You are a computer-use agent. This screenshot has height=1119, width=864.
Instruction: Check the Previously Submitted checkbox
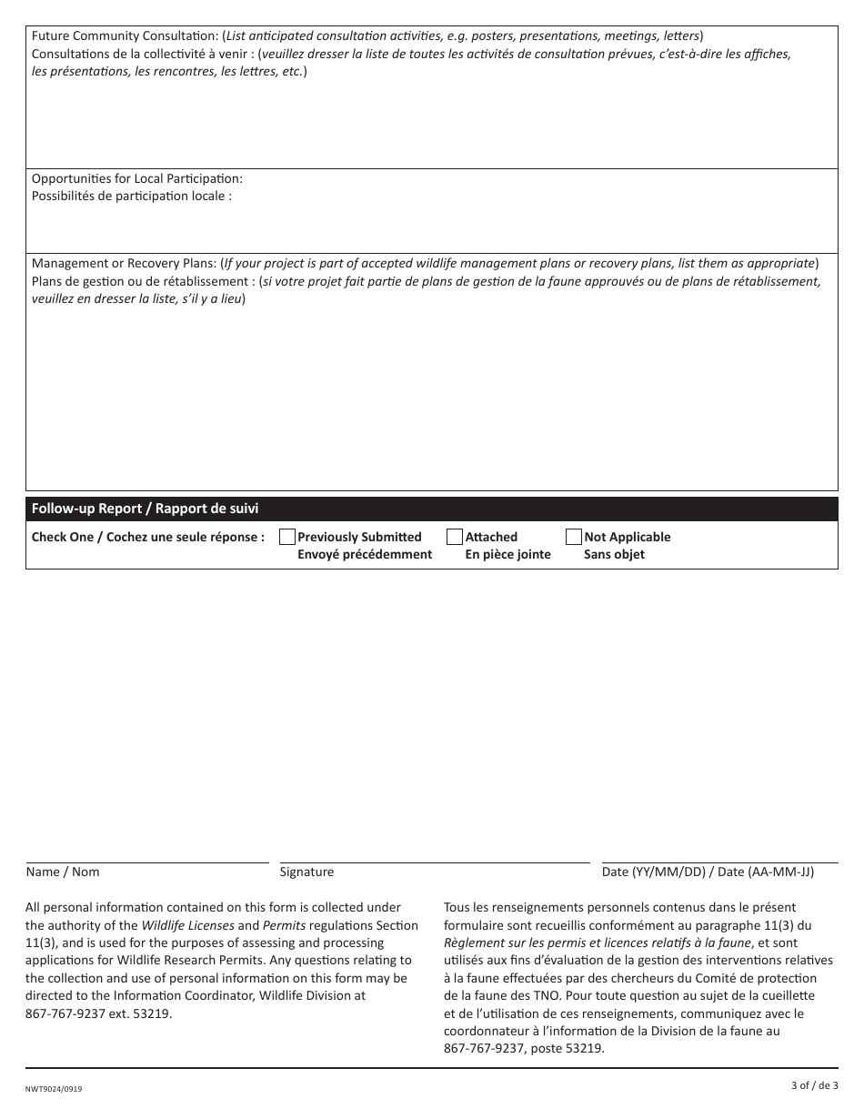(x=286, y=537)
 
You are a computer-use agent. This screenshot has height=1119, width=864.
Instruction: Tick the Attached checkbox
(x=455, y=537)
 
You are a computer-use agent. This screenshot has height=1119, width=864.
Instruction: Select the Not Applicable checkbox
(x=574, y=537)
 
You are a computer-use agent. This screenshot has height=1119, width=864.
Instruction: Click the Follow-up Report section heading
(x=145, y=509)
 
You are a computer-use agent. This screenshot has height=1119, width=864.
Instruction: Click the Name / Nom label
(x=63, y=872)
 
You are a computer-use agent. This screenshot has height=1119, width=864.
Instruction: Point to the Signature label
(x=306, y=872)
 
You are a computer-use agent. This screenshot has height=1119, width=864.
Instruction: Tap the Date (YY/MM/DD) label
(x=708, y=872)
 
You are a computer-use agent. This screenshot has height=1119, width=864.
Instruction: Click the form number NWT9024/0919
(x=58, y=1088)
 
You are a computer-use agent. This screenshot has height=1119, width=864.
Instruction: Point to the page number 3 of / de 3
(x=814, y=1084)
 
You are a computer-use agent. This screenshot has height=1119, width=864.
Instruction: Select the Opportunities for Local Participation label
(x=137, y=178)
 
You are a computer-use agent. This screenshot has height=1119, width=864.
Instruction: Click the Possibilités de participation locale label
(x=131, y=196)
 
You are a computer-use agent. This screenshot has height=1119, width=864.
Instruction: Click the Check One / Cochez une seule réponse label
(x=148, y=537)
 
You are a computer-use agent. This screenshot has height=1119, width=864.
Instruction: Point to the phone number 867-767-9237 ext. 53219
(x=98, y=1013)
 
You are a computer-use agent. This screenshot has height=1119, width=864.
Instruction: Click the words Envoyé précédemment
(x=364, y=554)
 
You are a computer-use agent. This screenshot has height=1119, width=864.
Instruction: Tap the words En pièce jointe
(x=507, y=554)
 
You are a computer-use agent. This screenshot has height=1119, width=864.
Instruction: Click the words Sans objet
(x=614, y=554)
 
